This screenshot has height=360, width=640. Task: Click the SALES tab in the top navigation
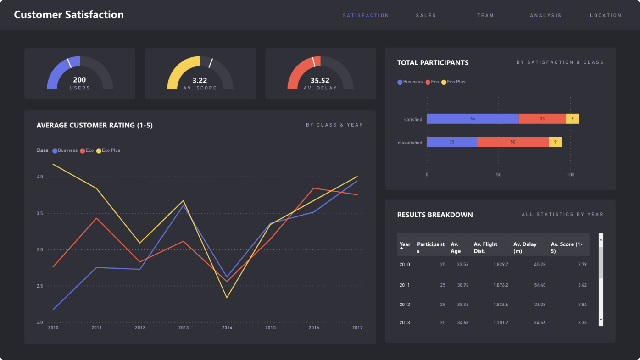tap(426, 15)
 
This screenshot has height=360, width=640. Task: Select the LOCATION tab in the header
tap(606, 15)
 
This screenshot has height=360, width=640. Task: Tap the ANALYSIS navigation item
tap(545, 15)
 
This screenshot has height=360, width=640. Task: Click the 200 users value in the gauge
tap(79, 80)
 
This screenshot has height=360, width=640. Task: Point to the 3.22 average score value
tap(200, 80)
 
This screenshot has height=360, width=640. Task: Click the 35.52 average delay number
tap(320, 80)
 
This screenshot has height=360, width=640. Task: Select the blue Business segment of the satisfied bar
tap(473, 119)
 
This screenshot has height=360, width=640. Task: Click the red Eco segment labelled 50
tap(512, 142)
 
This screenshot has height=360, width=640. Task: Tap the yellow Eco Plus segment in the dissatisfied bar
tap(555, 142)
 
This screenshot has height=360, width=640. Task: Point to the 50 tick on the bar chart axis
tap(499, 175)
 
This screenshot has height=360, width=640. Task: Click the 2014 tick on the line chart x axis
tap(227, 328)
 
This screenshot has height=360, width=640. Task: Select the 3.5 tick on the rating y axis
tap(39, 213)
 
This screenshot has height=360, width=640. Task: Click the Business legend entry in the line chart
tap(65, 150)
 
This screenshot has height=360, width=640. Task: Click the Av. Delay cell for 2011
tap(540, 285)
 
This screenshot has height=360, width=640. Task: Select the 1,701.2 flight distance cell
tap(501, 323)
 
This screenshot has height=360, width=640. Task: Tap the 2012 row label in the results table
tap(405, 305)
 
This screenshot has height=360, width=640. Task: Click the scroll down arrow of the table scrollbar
tap(601, 319)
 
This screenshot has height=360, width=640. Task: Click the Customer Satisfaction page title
tap(69, 15)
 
